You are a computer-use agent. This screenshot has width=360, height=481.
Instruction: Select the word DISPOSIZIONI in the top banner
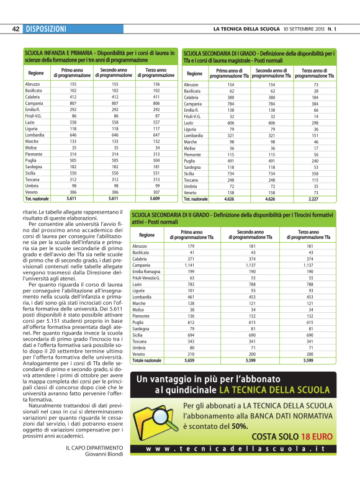[46, 29]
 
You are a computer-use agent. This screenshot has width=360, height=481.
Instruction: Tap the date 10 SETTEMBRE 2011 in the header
[302, 29]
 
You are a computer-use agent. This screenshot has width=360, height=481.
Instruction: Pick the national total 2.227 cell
[315, 199]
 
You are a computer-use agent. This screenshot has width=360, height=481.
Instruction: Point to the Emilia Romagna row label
[146, 272]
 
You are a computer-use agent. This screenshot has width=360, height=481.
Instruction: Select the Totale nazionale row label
[147, 361]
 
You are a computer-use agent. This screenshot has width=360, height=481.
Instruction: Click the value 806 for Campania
[156, 104]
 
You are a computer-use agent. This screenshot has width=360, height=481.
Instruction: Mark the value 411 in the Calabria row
[156, 97]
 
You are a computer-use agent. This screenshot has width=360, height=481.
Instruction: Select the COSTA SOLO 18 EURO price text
[292, 454]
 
